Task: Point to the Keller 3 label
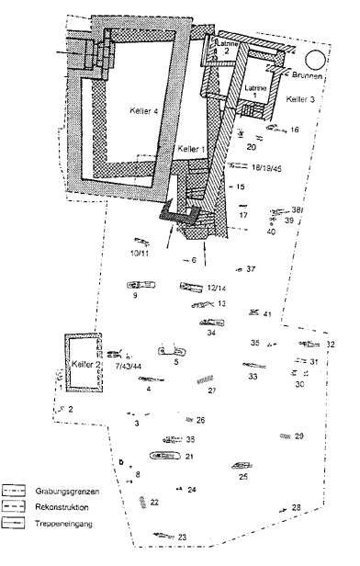point(300,98)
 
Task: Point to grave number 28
point(297,507)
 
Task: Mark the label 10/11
point(140,253)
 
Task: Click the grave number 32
point(331,345)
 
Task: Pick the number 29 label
point(298,436)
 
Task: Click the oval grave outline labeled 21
point(163,456)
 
